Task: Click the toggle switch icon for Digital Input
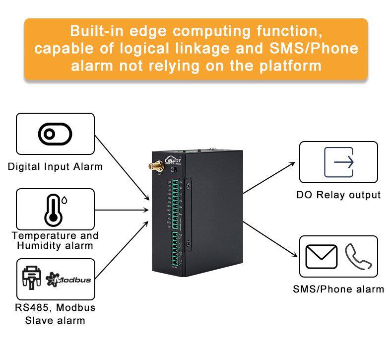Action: pos(55,134)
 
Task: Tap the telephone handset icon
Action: pos(358,256)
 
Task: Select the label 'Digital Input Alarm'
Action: pos(55,167)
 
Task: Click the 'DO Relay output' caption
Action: pos(338,195)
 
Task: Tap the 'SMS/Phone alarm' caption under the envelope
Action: pos(338,289)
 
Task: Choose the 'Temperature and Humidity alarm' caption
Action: pos(55,240)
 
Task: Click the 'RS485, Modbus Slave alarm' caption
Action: pos(55,314)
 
